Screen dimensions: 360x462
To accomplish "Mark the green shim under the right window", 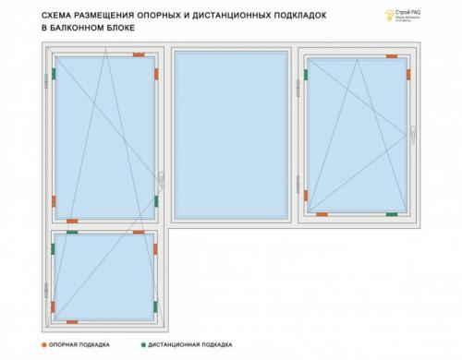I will coord(392,214).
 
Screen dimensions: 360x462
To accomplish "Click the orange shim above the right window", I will coord(392,55).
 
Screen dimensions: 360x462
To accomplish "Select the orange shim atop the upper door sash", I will coord(139,54).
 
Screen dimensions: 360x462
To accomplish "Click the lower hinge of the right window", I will coord(298,184).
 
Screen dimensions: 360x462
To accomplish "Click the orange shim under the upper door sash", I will coord(71,221).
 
